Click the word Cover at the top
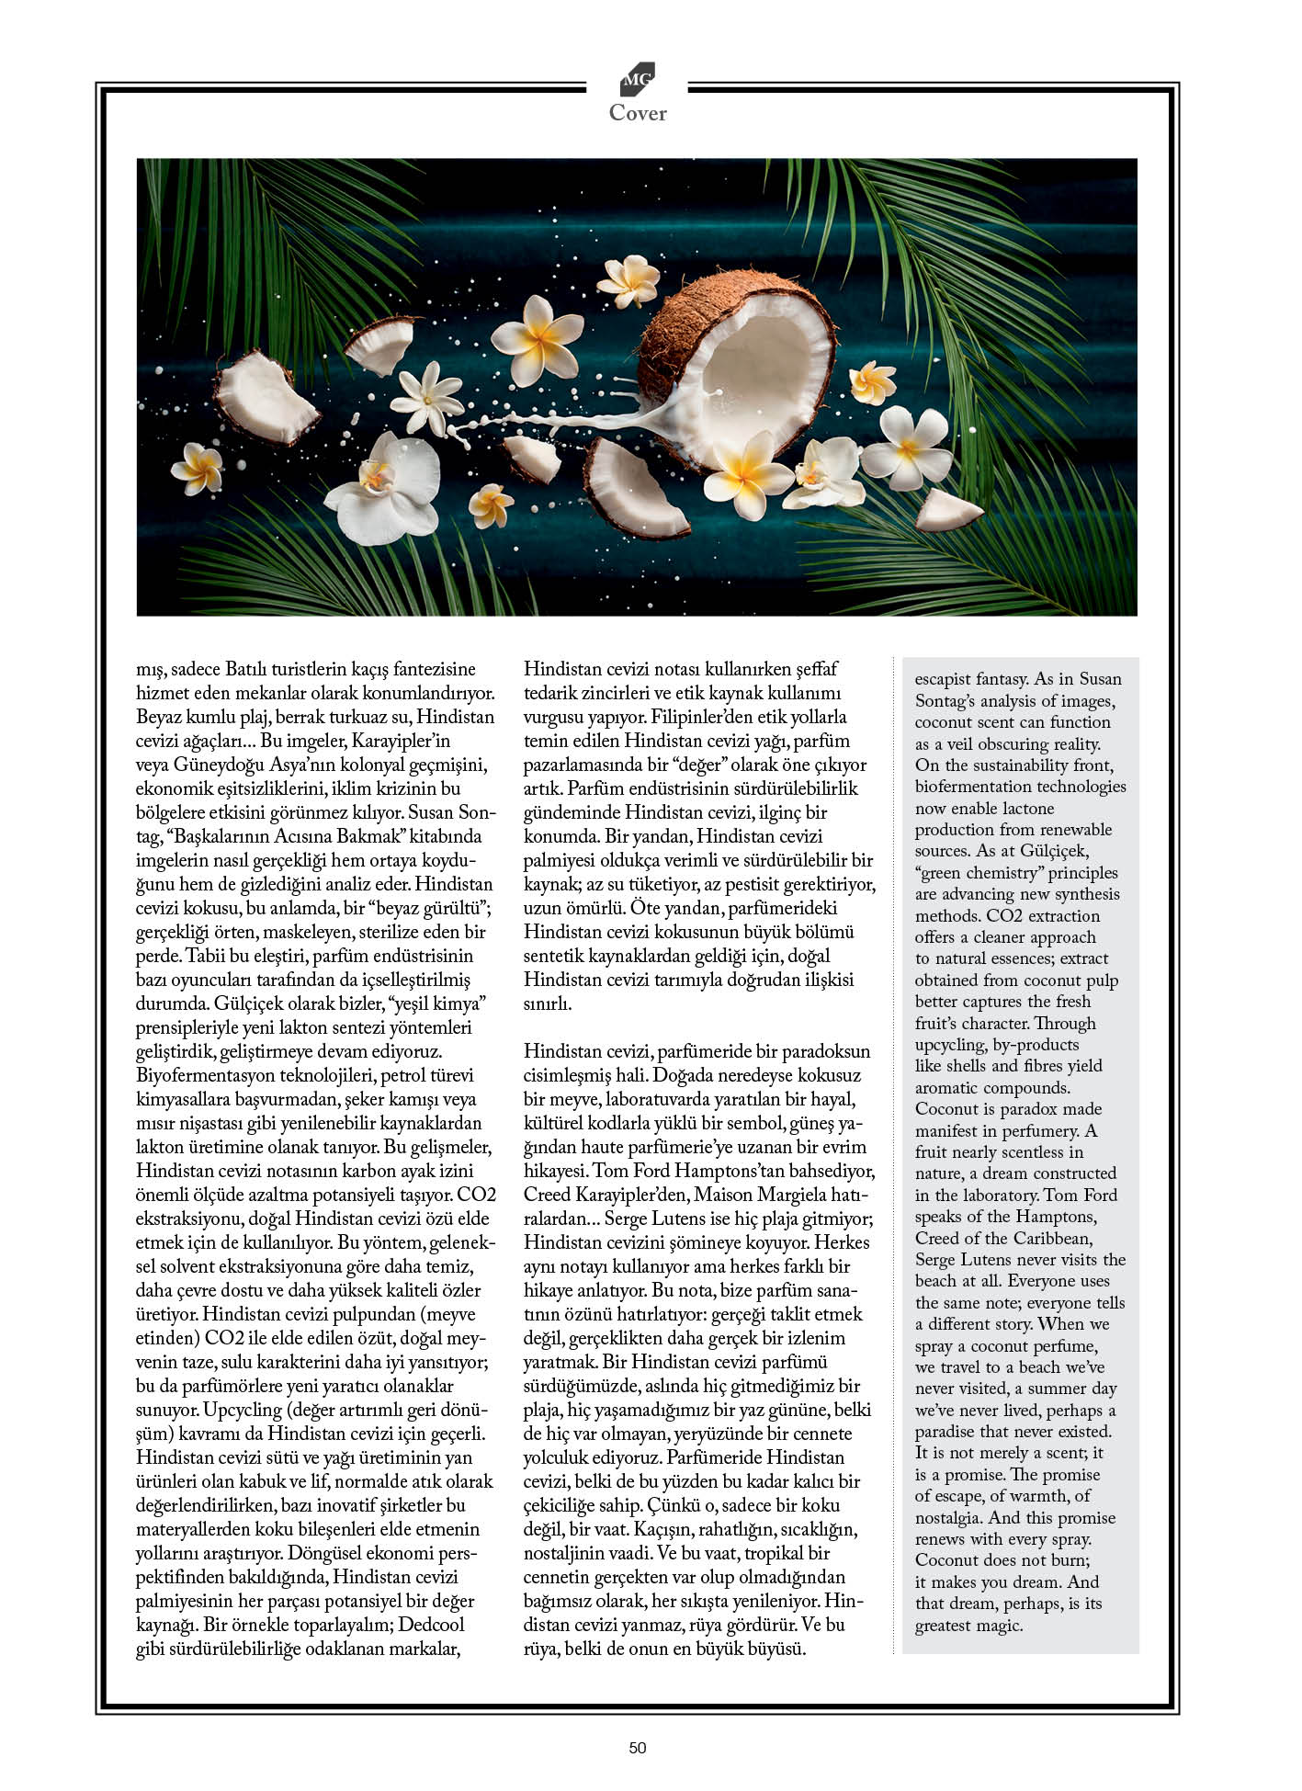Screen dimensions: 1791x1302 point(637,113)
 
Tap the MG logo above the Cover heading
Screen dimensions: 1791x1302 point(637,80)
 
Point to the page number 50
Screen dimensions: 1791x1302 point(638,1748)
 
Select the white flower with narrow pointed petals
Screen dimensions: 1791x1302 point(428,396)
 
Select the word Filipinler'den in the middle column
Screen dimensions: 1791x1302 point(670,717)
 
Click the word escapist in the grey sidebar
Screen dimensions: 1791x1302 point(944,679)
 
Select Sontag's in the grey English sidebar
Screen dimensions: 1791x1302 point(948,700)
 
